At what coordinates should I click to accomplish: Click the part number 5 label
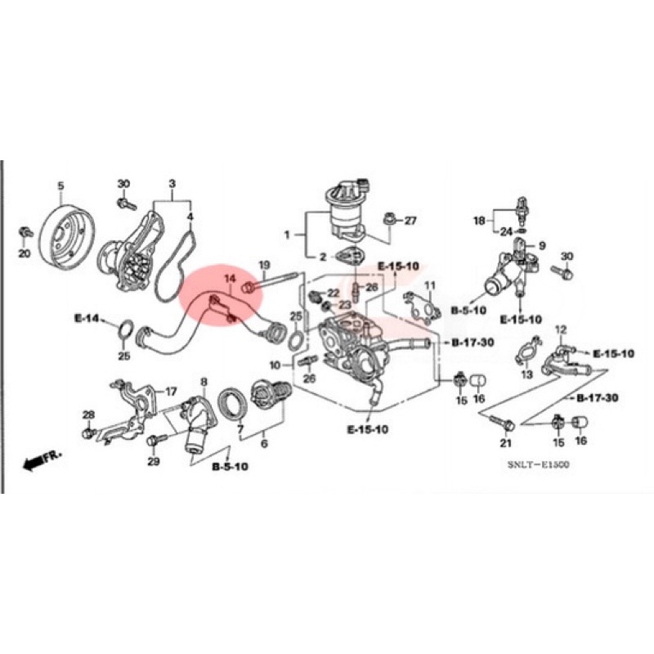coord(60,186)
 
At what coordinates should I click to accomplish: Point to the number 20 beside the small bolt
coord(24,254)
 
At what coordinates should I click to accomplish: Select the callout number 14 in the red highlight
coord(231,280)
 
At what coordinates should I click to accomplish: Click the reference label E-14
coord(86,317)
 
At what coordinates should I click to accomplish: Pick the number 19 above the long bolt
coord(264,265)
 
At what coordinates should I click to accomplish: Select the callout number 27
coord(410,221)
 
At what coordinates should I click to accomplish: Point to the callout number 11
coord(430,285)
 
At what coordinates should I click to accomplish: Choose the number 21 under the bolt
coord(505,444)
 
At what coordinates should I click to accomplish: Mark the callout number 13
coord(526,374)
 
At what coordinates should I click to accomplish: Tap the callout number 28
coord(88,415)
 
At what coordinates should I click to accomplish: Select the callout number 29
coord(154,462)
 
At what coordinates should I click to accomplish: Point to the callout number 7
coord(240,428)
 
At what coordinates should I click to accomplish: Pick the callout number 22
coord(333,293)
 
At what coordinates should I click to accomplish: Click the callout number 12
coord(561,329)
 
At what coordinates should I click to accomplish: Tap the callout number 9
coord(540,244)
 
